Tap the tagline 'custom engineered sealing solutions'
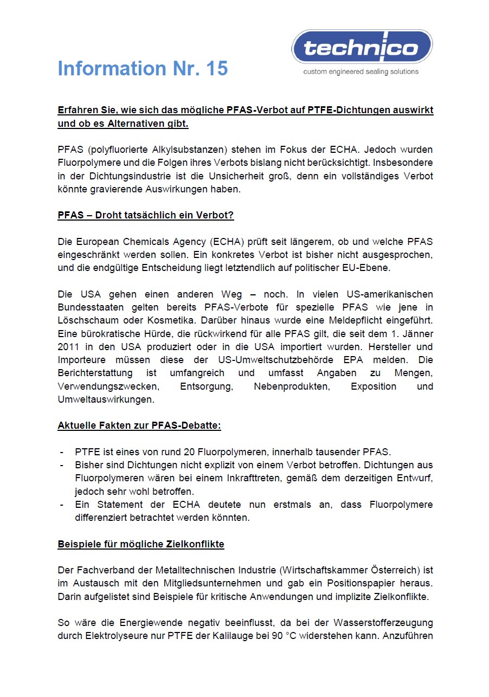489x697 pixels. point(361,72)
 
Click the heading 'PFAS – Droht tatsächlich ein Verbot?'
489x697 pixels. point(145,215)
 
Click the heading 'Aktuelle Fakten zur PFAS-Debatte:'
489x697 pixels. point(139,425)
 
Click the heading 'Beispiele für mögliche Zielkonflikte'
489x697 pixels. point(141,544)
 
